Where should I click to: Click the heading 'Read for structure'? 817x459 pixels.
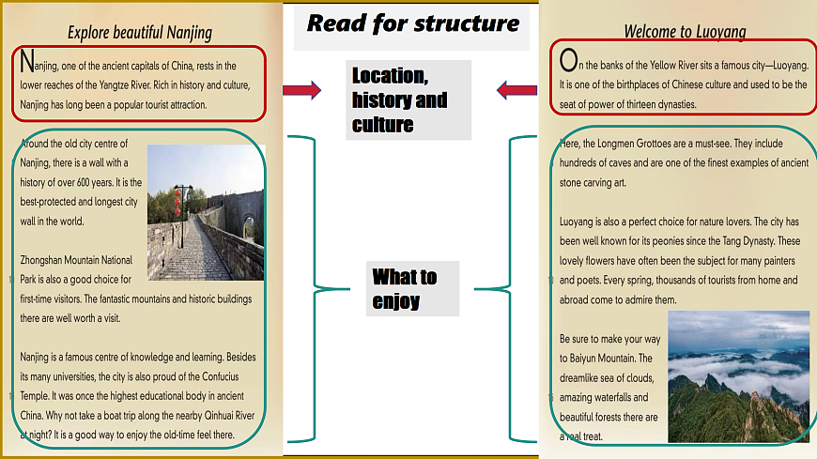(412, 24)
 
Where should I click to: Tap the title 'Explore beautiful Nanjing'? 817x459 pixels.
(140, 33)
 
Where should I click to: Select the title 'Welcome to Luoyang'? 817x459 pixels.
(685, 32)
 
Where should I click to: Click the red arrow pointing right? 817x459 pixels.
(301, 90)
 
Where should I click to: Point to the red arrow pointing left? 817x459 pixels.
(516, 90)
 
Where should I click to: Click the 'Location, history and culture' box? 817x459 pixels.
(408, 100)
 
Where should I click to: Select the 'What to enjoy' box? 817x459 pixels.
(412, 288)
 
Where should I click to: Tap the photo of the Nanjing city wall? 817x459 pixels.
(206, 212)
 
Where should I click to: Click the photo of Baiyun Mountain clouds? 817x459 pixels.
(738, 376)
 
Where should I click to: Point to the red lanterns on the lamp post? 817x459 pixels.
(177, 201)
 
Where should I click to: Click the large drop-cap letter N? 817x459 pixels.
(27, 61)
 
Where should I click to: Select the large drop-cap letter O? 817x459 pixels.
(568, 60)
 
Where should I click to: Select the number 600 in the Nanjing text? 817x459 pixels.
(83, 182)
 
